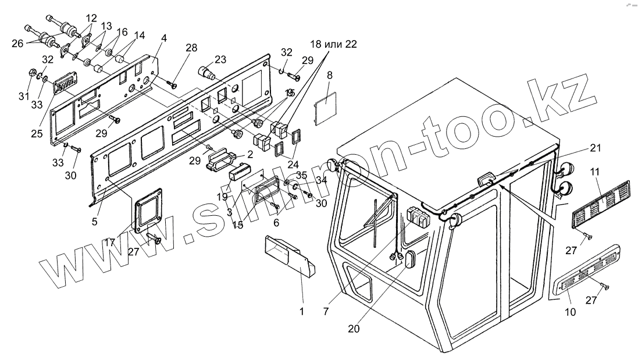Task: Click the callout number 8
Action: point(330,74)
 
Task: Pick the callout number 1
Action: point(301,312)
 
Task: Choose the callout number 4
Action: point(165,38)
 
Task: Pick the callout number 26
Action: point(17,44)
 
